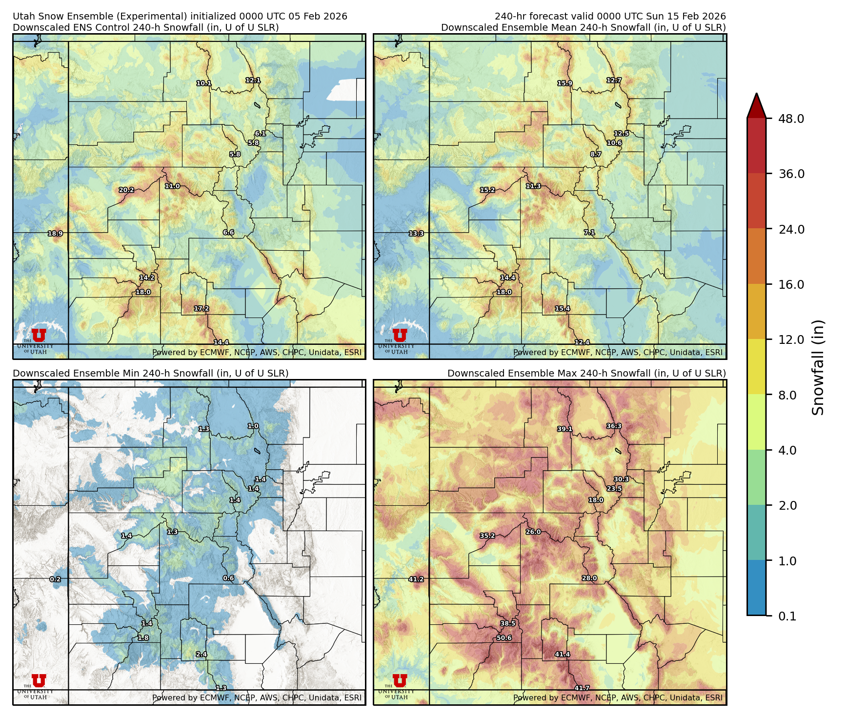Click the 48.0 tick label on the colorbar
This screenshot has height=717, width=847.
pyautogui.click(x=791, y=119)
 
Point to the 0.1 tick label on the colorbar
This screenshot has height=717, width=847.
pyautogui.click(x=787, y=616)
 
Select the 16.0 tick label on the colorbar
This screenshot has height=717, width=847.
pyautogui.click(x=791, y=284)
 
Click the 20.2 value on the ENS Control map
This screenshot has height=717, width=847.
pyautogui.click(x=126, y=190)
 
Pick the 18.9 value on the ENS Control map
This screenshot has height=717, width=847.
pyautogui.click(x=55, y=234)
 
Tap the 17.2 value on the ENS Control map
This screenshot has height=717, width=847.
pyautogui.click(x=202, y=309)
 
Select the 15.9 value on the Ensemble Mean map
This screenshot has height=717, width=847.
pyautogui.click(x=565, y=83)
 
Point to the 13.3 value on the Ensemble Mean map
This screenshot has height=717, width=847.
pyautogui.click(x=416, y=234)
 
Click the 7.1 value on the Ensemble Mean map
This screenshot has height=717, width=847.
pyautogui.click(x=589, y=233)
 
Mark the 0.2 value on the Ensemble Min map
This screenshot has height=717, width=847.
pyautogui.click(x=55, y=579)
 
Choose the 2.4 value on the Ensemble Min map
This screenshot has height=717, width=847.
pyautogui.click(x=202, y=654)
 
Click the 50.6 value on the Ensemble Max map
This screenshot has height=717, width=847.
pyautogui.click(x=504, y=637)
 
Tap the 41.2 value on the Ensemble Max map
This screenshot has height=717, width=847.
pyautogui.click(x=416, y=579)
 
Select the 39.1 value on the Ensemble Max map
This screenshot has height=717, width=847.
pyautogui.click(x=565, y=429)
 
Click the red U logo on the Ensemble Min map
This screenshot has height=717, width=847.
pyautogui.click(x=39, y=680)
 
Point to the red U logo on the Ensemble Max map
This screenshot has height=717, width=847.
pyautogui.click(x=400, y=680)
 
